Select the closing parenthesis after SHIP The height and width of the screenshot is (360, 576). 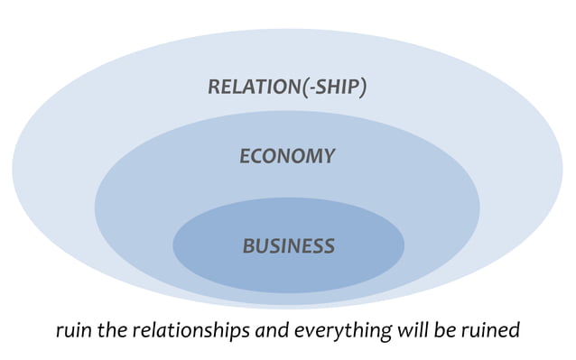point(363,88)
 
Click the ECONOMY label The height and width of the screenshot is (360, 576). point(287,156)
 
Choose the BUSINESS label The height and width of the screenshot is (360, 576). point(288,245)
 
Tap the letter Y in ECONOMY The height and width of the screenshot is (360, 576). point(328,156)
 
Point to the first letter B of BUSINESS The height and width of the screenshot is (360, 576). point(248,245)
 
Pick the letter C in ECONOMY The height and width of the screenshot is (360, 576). point(259,156)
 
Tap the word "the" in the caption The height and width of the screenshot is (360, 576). point(110,330)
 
